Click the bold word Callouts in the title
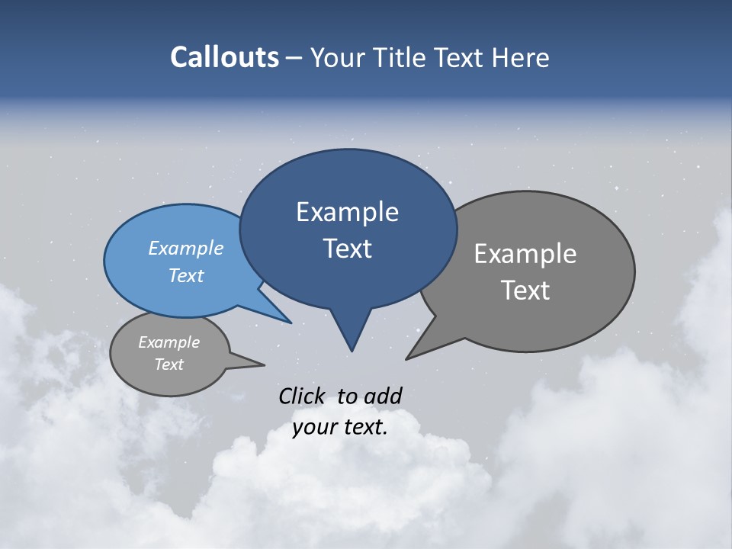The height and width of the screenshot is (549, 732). pos(224,57)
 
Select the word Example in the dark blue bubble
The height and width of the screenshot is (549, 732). pos(347,212)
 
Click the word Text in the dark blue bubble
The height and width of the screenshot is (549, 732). pos(347,249)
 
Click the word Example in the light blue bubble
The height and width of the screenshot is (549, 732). pos(186,248)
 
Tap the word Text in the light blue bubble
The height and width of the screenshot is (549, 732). pos(186,275)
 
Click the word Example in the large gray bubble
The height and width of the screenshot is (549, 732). pos(525,254)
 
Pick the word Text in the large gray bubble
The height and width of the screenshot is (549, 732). pos(525,291)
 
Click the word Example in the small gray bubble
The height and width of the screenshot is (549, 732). pos(169,342)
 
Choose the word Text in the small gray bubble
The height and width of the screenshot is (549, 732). pos(169,364)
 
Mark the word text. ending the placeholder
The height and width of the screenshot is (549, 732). pos(364,427)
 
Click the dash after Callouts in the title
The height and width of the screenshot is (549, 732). pos(294,58)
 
